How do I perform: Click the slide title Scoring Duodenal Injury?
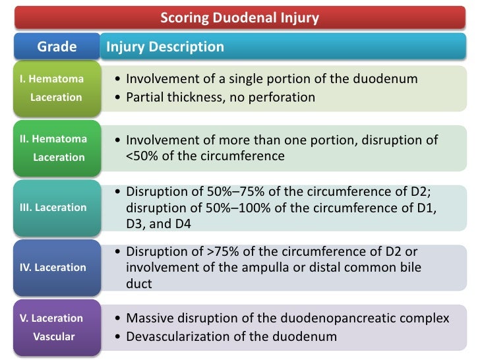point(239,18)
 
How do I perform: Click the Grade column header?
point(57,47)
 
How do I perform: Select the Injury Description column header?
point(165,47)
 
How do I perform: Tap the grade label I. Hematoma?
point(52,79)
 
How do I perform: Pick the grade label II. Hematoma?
point(53,139)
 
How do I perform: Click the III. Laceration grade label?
point(53,207)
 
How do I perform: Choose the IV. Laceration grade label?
point(53,267)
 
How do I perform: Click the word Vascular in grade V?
point(54,336)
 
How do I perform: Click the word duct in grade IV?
point(138,284)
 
